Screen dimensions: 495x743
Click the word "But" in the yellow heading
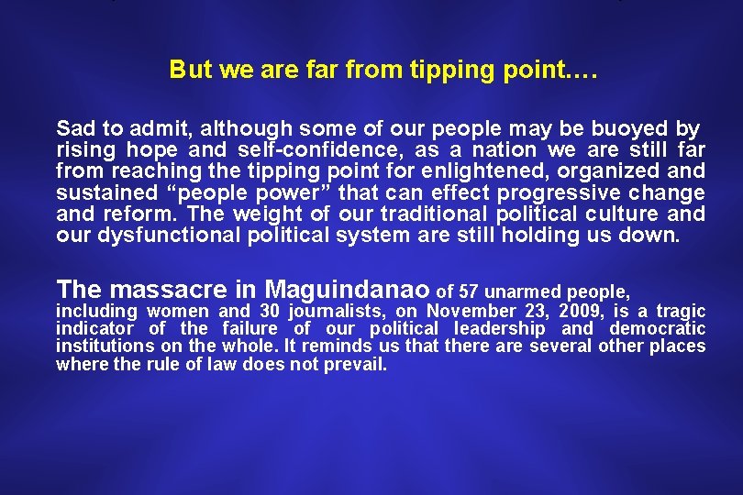[x=188, y=70]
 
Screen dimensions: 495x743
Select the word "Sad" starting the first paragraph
[x=73, y=127]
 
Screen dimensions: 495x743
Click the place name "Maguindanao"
[x=348, y=291]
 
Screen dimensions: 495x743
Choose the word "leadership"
[x=502, y=329]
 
